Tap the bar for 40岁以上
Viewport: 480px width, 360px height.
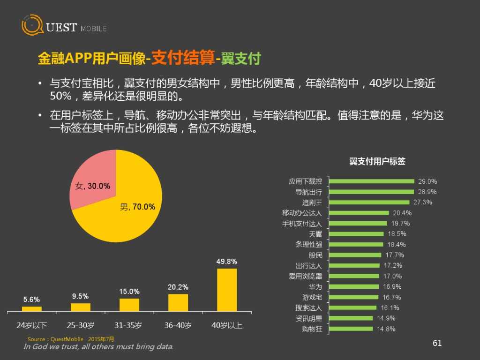point(227,290)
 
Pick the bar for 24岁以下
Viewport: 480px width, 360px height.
point(32,308)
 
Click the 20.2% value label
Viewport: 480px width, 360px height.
point(178,287)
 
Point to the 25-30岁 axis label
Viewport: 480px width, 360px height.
point(80,325)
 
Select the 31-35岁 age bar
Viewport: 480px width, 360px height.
point(129,305)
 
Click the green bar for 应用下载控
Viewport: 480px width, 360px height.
point(372,181)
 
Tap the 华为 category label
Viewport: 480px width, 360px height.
point(315,287)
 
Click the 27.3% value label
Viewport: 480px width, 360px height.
point(422,202)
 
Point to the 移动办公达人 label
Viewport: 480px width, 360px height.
point(302,213)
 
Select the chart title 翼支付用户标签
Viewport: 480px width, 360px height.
point(377,161)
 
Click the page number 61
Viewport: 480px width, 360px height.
point(437,343)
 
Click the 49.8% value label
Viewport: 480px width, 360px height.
point(226,262)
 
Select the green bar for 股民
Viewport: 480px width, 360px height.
point(355,255)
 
